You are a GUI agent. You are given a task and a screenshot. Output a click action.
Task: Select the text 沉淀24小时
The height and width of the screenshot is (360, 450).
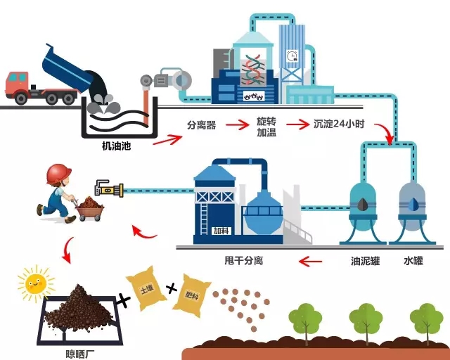[340, 125]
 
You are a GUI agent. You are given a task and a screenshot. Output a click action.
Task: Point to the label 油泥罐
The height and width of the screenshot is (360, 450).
[366, 261]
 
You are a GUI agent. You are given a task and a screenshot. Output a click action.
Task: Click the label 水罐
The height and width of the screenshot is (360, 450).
[413, 261]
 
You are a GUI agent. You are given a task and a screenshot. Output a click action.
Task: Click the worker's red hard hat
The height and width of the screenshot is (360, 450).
[58, 172]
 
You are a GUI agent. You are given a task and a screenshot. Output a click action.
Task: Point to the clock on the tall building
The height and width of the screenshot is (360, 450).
[292, 56]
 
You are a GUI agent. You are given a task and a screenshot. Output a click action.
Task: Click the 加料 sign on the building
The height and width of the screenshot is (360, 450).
[221, 229]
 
